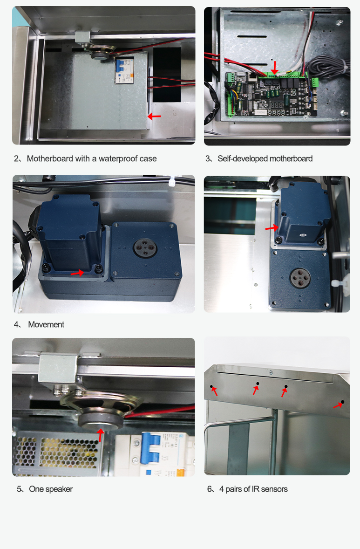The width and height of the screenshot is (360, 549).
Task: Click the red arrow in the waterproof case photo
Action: tap(154, 116)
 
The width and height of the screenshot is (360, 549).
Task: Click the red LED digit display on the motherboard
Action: tap(276, 104)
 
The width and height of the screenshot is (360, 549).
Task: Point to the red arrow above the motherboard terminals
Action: tap(275, 68)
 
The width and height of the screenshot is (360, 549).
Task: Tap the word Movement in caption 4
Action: tap(46, 324)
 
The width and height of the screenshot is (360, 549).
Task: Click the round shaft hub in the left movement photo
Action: tap(145, 248)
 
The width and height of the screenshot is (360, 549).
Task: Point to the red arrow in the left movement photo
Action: tap(77, 272)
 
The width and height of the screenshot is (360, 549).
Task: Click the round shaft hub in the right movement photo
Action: tap(300, 278)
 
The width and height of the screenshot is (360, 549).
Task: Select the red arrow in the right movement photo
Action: tap(272, 227)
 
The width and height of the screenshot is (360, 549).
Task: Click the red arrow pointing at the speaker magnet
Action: tap(101, 435)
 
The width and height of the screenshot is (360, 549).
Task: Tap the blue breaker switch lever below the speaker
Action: tap(151, 447)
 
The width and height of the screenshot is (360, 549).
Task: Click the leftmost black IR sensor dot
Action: tap(211, 386)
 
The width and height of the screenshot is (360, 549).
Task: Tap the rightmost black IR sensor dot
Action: tap(342, 402)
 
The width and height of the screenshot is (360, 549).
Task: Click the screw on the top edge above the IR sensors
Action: tap(271, 372)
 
